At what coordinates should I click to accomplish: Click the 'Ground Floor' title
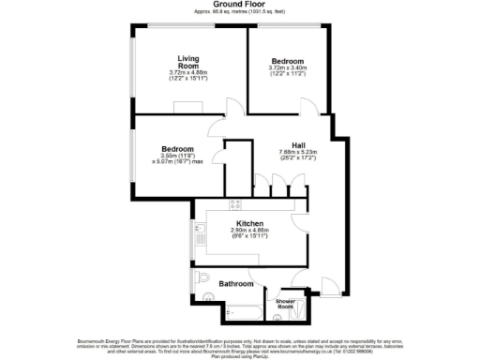point(239,5)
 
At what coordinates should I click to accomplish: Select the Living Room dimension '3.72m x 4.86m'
point(177,73)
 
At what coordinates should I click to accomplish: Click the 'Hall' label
point(298,144)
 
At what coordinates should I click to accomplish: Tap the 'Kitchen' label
point(249,222)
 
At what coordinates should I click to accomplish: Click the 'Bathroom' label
point(235,283)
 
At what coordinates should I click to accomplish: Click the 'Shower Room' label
point(285,304)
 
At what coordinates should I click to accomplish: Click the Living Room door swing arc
point(217,124)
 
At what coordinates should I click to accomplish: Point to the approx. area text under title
point(239,13)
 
